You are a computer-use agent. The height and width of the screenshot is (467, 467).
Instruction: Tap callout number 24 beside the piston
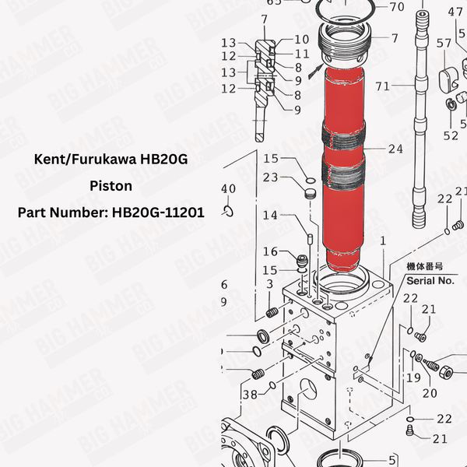coord(395,148)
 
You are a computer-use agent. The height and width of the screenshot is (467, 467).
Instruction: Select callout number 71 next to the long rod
coord(382,86)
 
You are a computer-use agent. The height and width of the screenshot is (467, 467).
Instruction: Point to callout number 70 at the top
coord(396,8)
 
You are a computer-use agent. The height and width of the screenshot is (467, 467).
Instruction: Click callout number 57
coord(444,44)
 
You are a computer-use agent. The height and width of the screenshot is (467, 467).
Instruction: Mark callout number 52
coord(451,135)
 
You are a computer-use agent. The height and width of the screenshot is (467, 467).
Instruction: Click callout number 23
coord(270,177)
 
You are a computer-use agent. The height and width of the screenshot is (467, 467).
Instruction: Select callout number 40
coord(227,189)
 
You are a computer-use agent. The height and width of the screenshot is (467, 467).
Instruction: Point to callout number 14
coord(270,216)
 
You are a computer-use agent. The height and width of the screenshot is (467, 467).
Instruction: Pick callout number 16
coord(270,251)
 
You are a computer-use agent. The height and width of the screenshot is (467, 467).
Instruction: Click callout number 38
coord(249,394)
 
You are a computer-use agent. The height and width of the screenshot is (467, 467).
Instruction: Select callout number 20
coord(430,393)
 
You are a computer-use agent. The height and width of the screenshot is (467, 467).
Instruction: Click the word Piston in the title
coord(111,186)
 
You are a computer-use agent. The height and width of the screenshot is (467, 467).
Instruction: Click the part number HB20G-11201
coord(155,212)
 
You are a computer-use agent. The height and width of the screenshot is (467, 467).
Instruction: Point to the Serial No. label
coord(430,280)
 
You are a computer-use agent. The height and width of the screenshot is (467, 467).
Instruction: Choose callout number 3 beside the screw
coord(269,285)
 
